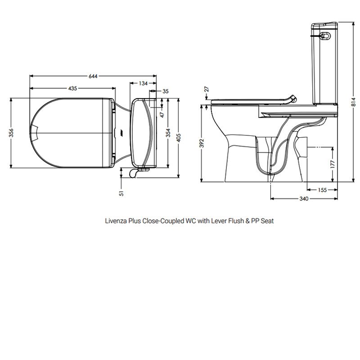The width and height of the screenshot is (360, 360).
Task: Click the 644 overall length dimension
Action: coord(93,76)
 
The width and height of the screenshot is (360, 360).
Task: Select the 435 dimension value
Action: coord(72,88)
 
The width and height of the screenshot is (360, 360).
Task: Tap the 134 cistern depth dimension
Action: coord(143,83)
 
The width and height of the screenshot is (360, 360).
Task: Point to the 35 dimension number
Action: coord(165,91)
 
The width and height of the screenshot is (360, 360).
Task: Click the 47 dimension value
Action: coord(161,114)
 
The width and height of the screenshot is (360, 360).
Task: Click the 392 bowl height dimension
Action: coord(202,143)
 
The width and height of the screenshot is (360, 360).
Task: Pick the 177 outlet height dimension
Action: coord(333,164)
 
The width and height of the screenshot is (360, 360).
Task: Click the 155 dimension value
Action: coord(322,190)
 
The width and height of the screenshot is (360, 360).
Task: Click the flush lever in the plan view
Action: coord(134,172)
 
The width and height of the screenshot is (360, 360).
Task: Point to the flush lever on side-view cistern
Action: coord(324,34)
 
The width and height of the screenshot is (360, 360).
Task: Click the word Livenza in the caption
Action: coord(115,221)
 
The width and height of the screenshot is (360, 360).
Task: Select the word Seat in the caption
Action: coord(268,221)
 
